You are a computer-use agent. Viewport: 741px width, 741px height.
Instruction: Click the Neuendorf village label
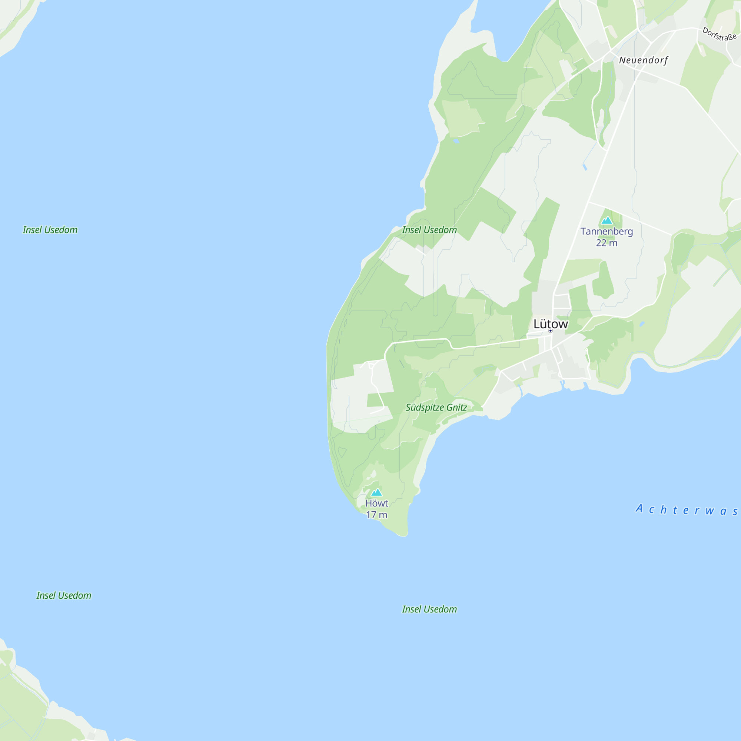[643, 60]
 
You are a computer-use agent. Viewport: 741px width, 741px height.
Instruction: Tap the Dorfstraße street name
[719, 34]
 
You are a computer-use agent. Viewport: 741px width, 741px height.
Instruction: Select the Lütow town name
[551, 324]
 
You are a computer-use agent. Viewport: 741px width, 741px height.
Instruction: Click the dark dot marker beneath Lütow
[551, 330]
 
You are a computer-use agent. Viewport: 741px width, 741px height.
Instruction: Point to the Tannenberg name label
[607, 231]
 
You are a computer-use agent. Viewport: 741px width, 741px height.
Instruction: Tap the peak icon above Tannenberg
[607, 220]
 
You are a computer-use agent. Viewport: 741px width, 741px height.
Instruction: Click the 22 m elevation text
[607, 243]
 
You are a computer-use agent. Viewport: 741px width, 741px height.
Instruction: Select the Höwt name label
[376, 503]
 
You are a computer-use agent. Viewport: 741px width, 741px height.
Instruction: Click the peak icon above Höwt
[376, 492]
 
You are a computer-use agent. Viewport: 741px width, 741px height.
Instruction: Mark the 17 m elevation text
[376, 515]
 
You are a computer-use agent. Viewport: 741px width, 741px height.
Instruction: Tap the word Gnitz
[456, 407]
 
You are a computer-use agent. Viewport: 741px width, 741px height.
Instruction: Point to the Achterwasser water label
[687, 510]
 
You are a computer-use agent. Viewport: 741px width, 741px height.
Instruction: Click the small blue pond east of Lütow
[642, 324]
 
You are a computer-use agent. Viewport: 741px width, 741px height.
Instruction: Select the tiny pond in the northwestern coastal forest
[456, 141]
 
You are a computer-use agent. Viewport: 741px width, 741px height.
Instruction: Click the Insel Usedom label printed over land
[429, 230]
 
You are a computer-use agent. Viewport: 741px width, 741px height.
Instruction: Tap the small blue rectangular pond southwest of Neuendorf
[585, 167]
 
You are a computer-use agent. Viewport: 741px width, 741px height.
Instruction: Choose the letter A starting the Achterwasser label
[639, 509]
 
